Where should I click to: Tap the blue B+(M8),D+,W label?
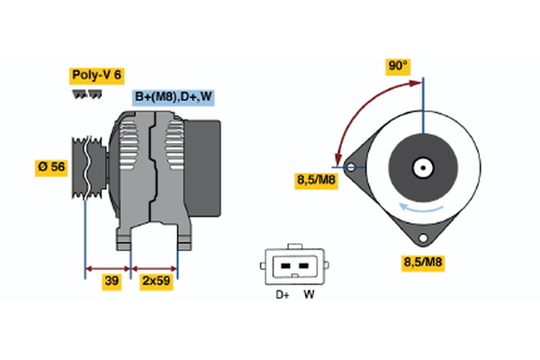click(174, 97)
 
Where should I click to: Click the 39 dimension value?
click(112, 281)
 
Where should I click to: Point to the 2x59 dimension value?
click(157, 281)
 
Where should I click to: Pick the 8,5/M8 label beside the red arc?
click(316, 180)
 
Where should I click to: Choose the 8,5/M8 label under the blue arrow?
click(421, 263)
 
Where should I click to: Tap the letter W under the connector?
click(309, 294)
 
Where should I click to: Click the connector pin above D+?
click(285, 266)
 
